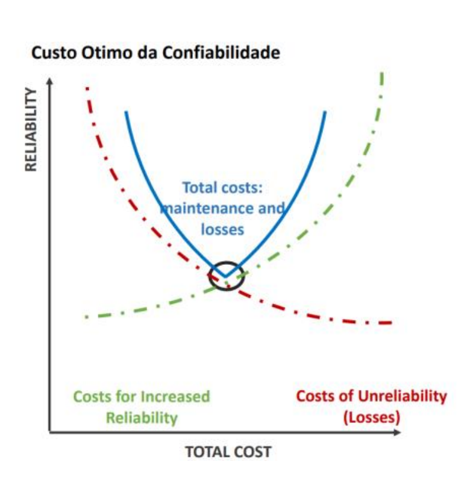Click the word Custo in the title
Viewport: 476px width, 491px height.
[x=50, y=53]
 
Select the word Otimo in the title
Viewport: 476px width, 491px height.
[x=99, y=53]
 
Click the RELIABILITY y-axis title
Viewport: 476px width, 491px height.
[x=31, y=129]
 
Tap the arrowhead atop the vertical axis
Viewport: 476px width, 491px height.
[x=50, y=80]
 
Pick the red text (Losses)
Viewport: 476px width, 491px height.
[x=372, y=416]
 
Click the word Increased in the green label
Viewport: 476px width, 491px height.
[x=175, y=397]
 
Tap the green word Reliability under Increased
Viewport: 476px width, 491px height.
[x=142, y=418]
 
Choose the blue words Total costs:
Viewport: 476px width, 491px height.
[x=222, y=188]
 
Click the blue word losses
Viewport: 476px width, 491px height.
[x=222, y=229]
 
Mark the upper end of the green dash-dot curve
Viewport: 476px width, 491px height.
[x=382, y=73]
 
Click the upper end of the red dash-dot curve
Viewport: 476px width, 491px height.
[x=87, y=88]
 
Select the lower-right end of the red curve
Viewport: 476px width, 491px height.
[x=392, y=323]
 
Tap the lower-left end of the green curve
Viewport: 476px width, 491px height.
[x=87, y=317]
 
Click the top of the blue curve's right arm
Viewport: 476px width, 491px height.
[x=325, y=112]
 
